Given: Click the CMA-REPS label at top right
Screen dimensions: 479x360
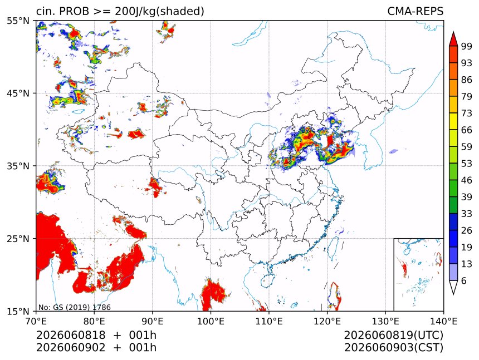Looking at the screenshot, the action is [x=415, y=11].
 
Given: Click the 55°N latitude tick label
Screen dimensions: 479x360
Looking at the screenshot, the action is [x=18, y=21].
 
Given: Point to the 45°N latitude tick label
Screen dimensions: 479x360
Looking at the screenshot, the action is [x=18, y=93].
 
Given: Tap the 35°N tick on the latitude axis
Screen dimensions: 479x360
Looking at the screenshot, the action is [x=18, y=166].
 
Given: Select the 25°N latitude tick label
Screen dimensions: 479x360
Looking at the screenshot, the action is [x=18, y=239].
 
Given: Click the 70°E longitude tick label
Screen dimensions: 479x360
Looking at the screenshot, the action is [x=36, y=321].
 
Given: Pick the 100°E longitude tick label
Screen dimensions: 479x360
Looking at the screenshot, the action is [x=211, y=321].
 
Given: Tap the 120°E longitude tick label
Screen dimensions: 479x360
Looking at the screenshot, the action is [x=327, y=321].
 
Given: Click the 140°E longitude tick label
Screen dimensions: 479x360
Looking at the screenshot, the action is [x=443, y=321].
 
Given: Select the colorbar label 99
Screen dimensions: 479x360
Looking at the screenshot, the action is [x=467, y=46].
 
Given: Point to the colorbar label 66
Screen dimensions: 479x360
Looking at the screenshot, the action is [x=467, y=130].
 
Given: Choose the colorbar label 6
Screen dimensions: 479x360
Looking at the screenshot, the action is [x=464, y=280].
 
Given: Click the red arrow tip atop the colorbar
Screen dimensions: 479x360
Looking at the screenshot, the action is [x=453, y=32].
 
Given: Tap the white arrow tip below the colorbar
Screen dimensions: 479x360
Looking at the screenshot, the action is [x=453, y=294].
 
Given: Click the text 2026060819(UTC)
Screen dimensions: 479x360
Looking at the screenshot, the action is [x=394, y=336].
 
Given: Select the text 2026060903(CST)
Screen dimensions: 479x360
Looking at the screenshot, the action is [x=394, y=348].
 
